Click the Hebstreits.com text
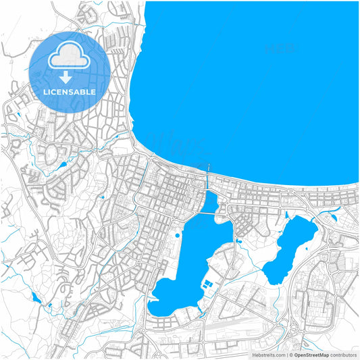point(269,355)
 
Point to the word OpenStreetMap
point(311,355)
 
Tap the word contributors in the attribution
point(343,355)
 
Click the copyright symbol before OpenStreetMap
point(290,355)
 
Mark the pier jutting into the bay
point(209,167)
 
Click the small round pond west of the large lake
point(177,235)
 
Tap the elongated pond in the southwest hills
point(35,297)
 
